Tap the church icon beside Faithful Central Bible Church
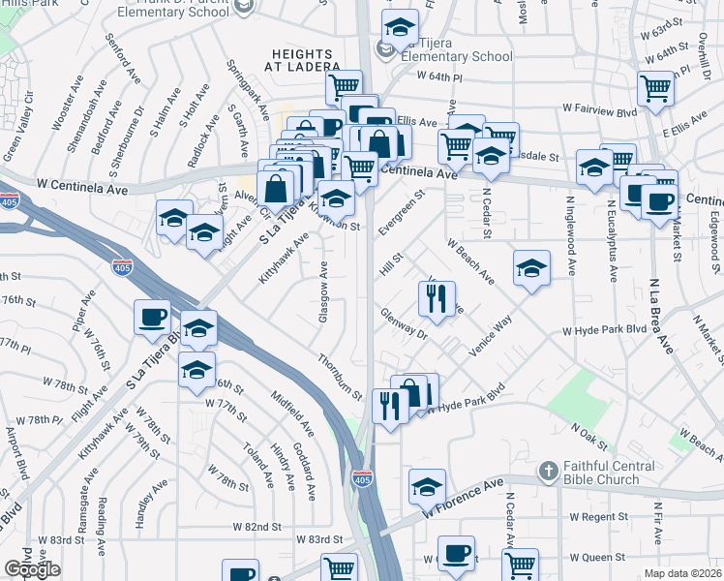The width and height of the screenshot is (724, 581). click(549, 472)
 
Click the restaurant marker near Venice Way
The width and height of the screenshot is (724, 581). click(437, 299)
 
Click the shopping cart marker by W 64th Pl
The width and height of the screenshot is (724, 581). click(343, 86)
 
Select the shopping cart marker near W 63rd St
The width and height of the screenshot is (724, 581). click(656, 88)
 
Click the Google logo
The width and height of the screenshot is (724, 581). click(32, 569)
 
